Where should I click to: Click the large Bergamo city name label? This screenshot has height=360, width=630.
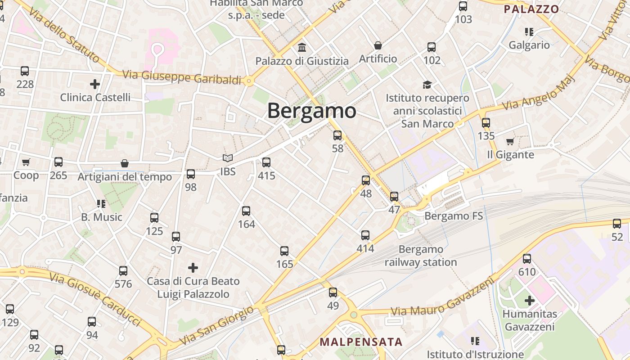pos(311,111)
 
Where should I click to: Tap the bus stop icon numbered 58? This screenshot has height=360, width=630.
pos(337,135)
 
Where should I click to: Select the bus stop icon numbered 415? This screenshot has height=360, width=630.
pos(266,162)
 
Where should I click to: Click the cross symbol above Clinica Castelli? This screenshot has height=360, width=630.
pos(95,84)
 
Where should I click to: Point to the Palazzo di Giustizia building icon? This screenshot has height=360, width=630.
pos(302,47)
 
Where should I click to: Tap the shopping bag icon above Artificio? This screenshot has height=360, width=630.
pos(378,45)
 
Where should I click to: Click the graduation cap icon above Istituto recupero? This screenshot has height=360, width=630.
pos(427,85)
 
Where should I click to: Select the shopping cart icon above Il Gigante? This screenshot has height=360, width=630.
pos(510,142)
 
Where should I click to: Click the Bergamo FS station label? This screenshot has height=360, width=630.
pos(454,216)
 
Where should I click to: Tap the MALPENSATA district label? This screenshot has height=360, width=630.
pos(361,342)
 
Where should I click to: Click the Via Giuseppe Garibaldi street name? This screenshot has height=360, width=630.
pos(182,77)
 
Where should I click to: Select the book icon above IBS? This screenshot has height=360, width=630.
pos(228,158)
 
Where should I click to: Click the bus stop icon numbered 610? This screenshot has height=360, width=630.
pos(527,259)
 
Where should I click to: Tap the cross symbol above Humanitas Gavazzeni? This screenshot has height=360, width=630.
pos(530,300)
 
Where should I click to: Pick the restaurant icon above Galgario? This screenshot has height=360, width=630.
pos(529,32)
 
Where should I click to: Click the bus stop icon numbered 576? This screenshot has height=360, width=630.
pos(123,271)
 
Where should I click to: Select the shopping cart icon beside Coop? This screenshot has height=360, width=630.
pos(26,162)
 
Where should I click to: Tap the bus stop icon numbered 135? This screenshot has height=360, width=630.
pos(486,122)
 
